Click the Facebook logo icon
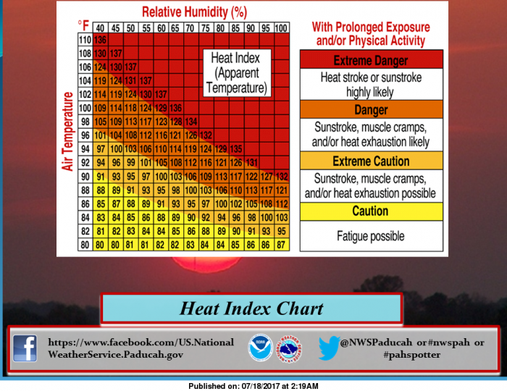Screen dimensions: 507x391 tap(25, 348)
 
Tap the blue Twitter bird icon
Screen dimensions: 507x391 tap(329, 348)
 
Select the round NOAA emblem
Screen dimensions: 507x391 tap(260, 348)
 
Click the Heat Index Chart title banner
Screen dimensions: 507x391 tap(251, 308)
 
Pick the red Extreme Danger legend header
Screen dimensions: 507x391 tap(371, 60)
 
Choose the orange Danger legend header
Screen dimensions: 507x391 tap(371, 109)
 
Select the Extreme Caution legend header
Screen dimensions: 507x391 tap(371, 161)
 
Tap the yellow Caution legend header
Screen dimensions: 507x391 tap(371, 211)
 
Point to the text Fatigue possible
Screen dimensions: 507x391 tap(371, 236)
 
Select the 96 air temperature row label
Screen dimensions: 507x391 tap(85, 135)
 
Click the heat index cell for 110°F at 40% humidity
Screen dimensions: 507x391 tap(100, 40)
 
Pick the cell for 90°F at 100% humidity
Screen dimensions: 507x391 tap(282, 177)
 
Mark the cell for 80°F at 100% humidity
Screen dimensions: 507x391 tap(282, 245)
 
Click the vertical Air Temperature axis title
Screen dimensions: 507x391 tap(67, 131)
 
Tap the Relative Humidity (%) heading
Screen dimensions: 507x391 tap(194, 12)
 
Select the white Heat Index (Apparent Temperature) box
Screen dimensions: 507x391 tap(237, 73)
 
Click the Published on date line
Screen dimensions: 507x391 tap(253, 386)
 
